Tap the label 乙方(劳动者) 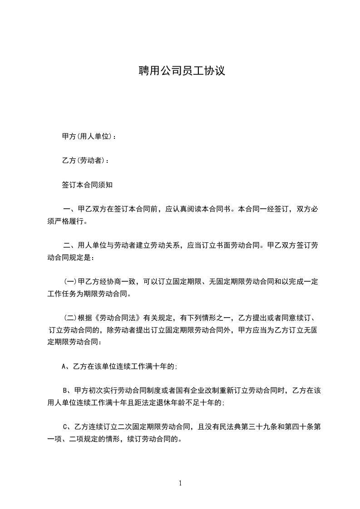[x=83, y=161]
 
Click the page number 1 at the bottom [x=180, y=484]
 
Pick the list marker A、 [x=66, y=367]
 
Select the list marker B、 [x=67, y=391]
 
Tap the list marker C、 [x=67, y=427]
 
